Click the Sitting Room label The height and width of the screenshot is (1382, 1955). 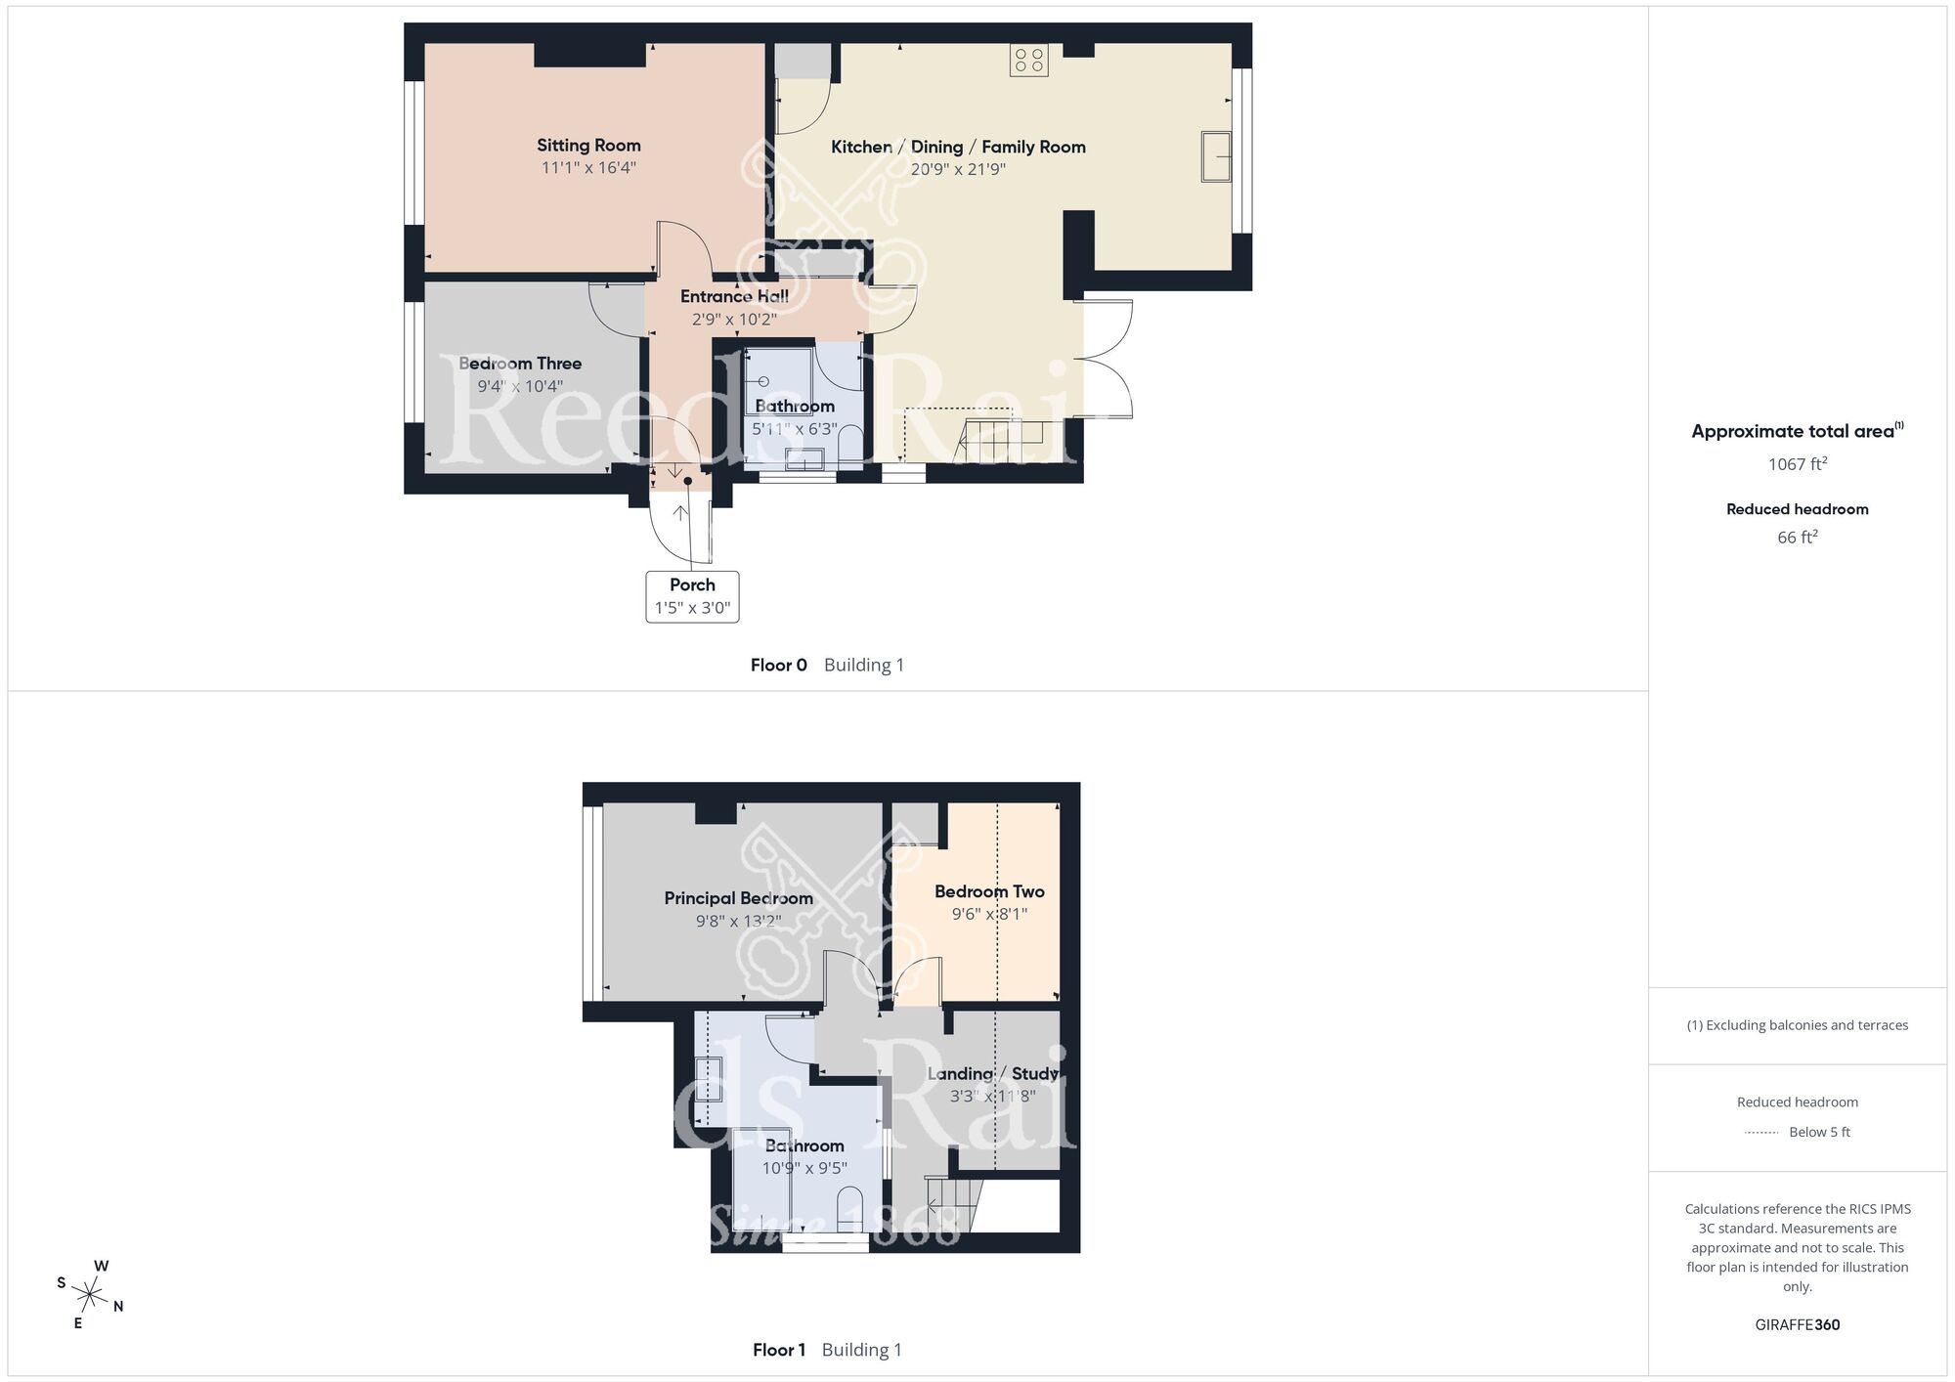[588, 146]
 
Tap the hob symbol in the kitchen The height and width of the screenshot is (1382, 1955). [1028, 61]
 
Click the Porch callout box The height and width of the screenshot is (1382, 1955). [692, 596]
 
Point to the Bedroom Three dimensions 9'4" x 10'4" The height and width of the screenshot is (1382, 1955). [520, 386]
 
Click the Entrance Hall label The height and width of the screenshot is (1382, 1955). [734, 296]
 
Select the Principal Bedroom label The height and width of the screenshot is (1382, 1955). [738, 898]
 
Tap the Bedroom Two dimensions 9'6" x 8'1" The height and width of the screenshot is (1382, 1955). [989, 914]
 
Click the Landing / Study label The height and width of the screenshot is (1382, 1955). [992, 1073]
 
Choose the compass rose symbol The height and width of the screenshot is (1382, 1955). [90, 1296]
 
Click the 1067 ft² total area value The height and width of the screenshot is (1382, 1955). [1797, 464]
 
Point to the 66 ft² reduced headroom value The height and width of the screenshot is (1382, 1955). [1797, 537]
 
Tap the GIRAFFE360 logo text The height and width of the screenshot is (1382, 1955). [1797, 1324]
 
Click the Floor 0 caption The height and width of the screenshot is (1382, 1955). [778, 665]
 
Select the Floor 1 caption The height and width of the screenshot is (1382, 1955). [778, 1350]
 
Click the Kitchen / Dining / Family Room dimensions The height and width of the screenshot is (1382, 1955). [958, 169]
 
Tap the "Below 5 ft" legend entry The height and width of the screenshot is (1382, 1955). [1819, 1132]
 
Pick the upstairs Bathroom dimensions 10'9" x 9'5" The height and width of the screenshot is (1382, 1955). [804, 1167]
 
